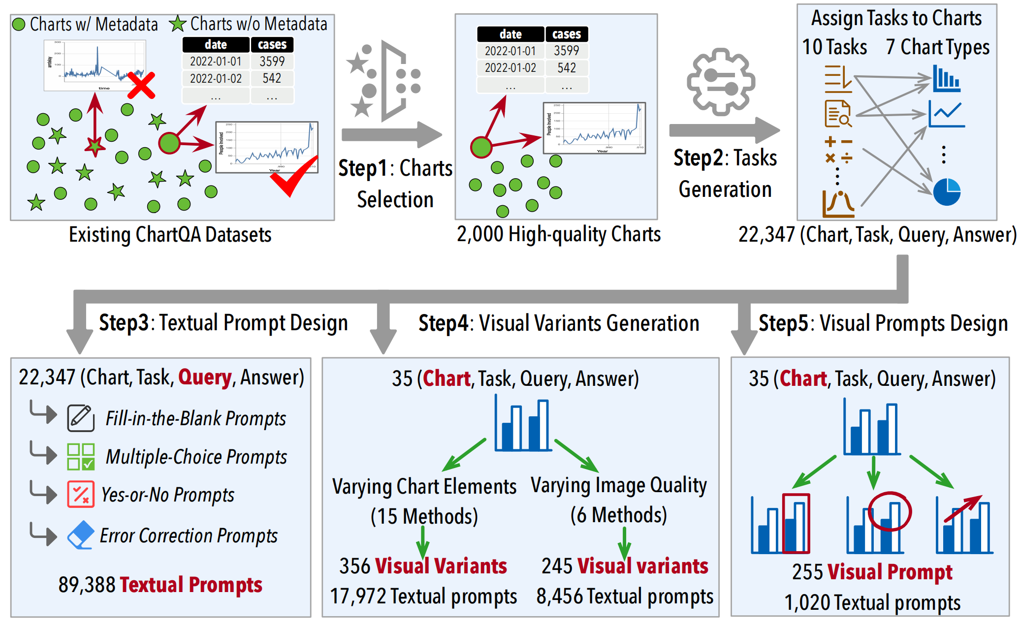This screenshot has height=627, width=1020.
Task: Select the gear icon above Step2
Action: [x=721, y=82]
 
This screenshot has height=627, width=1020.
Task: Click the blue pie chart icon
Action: [x=947, y=191]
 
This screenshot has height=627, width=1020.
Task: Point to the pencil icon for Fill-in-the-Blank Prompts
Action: [x=81, y=418]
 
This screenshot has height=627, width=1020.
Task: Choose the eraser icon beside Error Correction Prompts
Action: [x=81, y=535]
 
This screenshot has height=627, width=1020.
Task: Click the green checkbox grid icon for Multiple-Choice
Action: [x=81, y=457]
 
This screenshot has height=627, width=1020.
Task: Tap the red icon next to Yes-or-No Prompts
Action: [x=81, y=495]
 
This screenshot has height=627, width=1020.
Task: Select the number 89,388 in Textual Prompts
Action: [x=87, y=585]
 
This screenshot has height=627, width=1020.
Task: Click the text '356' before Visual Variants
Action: [x=354, y=566]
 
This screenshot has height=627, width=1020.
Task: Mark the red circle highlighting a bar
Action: [x=889, y=511]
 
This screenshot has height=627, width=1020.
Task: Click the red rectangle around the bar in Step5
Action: [x=796, y=523]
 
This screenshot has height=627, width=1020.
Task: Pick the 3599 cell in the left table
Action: [x=272, y=62]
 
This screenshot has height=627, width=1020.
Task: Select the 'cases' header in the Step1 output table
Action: [x=566, y=34]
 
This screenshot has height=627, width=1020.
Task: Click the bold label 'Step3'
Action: [x=124, y=323]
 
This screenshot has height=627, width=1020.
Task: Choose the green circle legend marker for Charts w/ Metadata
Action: [x=19, y=24]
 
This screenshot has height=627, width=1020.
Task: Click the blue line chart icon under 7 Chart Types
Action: [x=946, y=114]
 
